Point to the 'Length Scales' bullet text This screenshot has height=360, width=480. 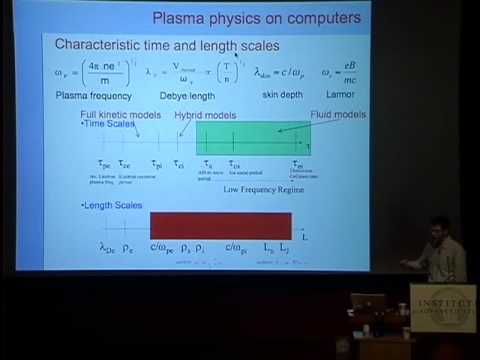click(113, 205)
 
